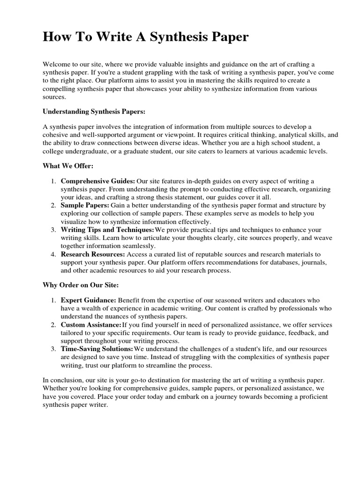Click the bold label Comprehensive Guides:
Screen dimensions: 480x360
pyautogui.click(x=98, y=181)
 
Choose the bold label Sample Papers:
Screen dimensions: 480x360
pyautogui.click(x=85, y=205)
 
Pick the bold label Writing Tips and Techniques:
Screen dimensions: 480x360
pyautogui.click(x=107, y=230)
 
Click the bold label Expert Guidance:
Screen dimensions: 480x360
pyautogui.click(x=89, y=300)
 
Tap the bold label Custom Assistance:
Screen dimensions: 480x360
pyautogui.click(x=91, y=324)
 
